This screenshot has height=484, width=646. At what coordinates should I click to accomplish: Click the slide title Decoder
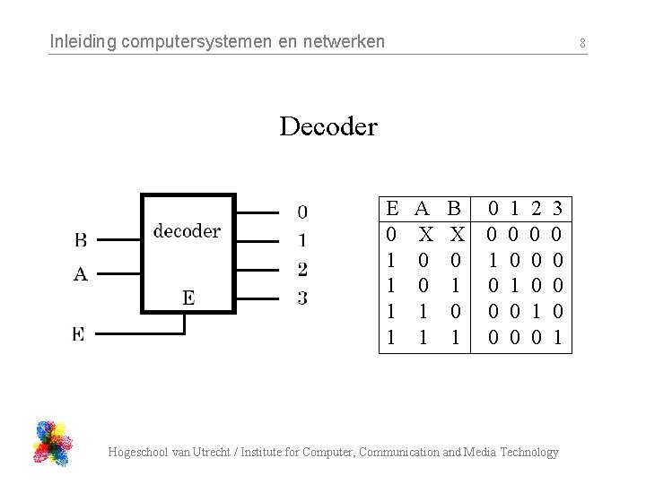tap(328, 126)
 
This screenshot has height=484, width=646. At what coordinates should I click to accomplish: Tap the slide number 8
tap(582, 42)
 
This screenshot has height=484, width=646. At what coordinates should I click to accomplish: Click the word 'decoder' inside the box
tap(187, 231)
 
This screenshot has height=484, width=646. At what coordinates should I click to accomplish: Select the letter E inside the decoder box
tap(188, 298)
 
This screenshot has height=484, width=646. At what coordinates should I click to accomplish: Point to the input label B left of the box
tap(81, 240)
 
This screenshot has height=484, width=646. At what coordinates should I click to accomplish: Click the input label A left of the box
tap(81, 275)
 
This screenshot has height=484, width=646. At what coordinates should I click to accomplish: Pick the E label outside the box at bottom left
tap(79, 333)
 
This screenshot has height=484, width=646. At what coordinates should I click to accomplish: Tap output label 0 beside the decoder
tap(302, 212)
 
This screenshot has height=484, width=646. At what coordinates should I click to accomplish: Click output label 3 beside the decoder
tap(302, 298)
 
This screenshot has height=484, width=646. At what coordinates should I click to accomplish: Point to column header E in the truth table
tap(392, 210)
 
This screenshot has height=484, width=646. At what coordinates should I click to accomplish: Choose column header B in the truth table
tap(454, 210)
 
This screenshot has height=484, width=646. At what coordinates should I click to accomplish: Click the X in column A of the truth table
tap(426, 235)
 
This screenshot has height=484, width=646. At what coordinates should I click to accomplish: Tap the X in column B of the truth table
tap(457, 235)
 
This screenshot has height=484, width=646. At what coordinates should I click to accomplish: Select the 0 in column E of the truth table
tap(390, 235)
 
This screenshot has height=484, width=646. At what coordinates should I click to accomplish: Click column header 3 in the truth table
tap(557, 210)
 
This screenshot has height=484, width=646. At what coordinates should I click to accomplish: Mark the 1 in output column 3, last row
tap(557, 339)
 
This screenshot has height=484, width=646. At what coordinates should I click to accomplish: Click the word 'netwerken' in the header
tap(345, 41)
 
